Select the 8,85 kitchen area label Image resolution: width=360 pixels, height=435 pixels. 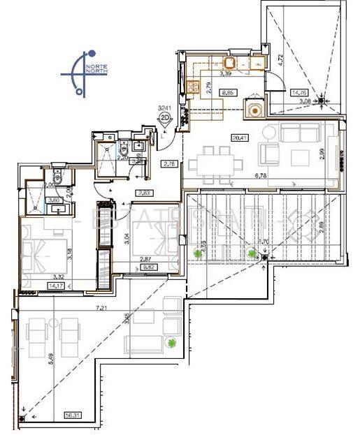(x=228, y=92)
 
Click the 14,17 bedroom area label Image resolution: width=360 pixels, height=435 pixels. (x=34, y=284)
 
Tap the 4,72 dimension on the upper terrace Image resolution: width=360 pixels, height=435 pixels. (x=282, y=59)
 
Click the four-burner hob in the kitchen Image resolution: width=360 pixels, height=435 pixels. (x=192, y=89)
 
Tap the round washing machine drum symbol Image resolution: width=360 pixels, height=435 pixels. (x=254, y=109)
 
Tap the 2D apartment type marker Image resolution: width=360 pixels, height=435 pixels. (x=165, y=118)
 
